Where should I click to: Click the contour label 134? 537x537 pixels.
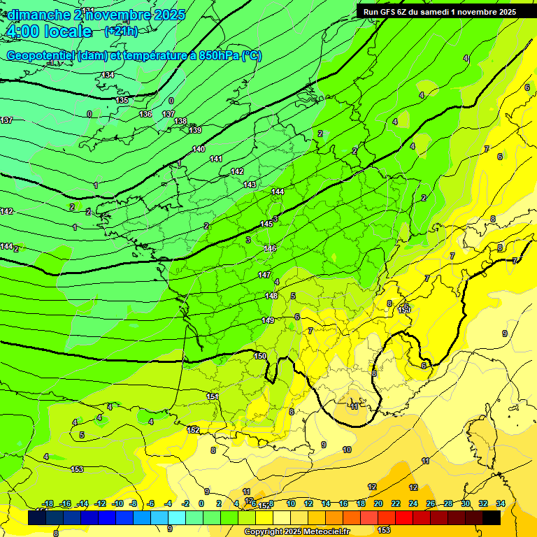pyautogui.click(x=108, y=75)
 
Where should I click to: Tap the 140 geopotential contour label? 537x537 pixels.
pyautogui.click(x=199, y=149)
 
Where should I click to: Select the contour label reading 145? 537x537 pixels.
pyautogui.click(x=266, y=224)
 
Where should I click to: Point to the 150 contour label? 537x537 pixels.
pyautogui.click(x=260, y=356)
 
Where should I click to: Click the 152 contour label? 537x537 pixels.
pyautogui.click(x=194, y=430)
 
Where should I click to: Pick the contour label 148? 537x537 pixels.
pyautogui.click(x=271, y=296)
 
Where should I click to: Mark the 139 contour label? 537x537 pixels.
pyautogui.click(x=195, y=130)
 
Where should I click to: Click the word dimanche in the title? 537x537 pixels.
pyautogui.click(x=38, y=15)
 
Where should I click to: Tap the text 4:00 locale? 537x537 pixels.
pyautogui.click(x=49, y=32)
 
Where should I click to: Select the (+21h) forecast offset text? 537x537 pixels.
pyautogui.click(x=121, y=31)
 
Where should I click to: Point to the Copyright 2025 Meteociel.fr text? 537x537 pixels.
pyautogui.click(x=296, y=531)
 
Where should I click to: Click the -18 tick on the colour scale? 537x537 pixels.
pyautogui.click(x=48, y=503)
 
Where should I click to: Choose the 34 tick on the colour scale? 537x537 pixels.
pyautogui.click(x=500, y=503)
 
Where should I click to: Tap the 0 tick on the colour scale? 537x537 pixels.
pyautogui.click(x=201, y=503)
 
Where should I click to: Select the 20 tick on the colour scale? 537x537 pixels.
pyautogui.click(x=378, y=503)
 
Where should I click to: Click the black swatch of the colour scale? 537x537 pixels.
pyautogui.click(x=492, y=517)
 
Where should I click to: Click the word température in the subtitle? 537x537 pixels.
pyautogui.click(x=151, y=56)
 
